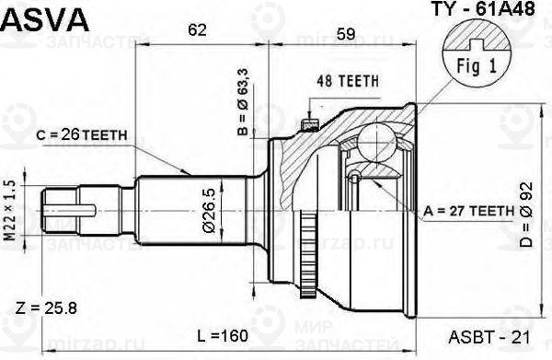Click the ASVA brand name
tap(45, 20)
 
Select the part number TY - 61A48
tap(483, 9)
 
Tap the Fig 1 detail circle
tap(477, 52)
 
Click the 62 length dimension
tap(197, 30)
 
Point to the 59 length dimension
tap(346, 34)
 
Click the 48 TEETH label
tap(348, 81)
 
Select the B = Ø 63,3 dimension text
tap(243, 102)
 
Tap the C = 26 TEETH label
tap(81, 134)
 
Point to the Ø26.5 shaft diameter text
tap(209, 211)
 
